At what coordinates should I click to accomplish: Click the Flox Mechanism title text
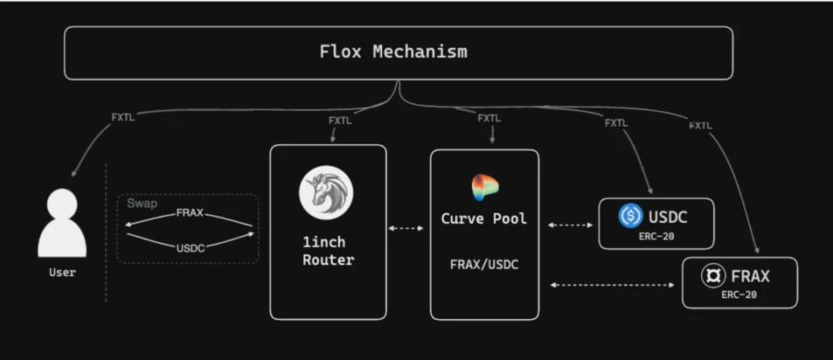tap(393, 52)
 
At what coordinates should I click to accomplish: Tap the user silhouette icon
tap(62, 224)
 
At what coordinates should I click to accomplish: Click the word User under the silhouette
tap(62, 272)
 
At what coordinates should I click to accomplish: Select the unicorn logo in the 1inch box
tap(326, 193)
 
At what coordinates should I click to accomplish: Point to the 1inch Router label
tap(328, 251)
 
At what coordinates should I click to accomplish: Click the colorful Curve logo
tap(485, 188)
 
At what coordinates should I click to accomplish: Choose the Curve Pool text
tap(484, 219)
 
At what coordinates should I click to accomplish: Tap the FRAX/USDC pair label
tap(484, 264)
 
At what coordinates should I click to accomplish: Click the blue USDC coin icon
tap(630, 217)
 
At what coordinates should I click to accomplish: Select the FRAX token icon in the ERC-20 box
tap(711, 276)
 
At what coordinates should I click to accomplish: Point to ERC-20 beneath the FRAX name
tap(740, 294)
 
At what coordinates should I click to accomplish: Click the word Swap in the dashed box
tap(142, 204)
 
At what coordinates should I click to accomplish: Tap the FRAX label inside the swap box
tap(190, 213)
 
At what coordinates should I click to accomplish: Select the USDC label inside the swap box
tap(190, 247)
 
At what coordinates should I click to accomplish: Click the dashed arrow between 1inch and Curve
tap(406, 228)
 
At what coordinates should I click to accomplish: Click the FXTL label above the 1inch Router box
tap(340, 121)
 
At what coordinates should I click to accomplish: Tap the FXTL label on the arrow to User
tap(123, 118)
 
